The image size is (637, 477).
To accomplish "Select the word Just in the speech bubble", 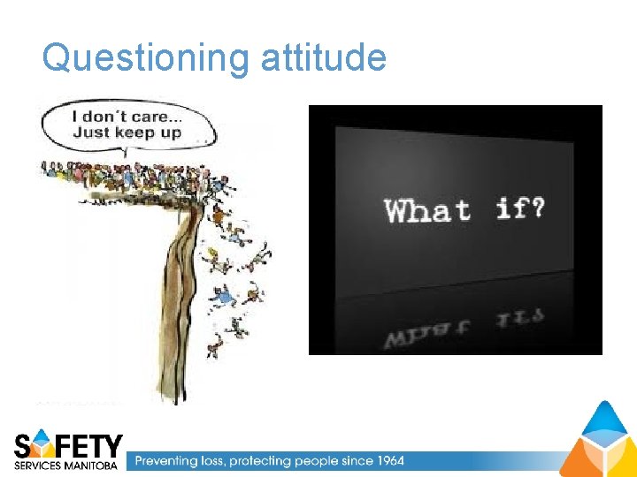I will click(x=91, y=133).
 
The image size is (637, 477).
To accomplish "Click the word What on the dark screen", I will click(x=426, y=210).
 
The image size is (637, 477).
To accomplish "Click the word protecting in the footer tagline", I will click(x=260, y=460).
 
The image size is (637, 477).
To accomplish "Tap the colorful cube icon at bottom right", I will click(x=597, y=439).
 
